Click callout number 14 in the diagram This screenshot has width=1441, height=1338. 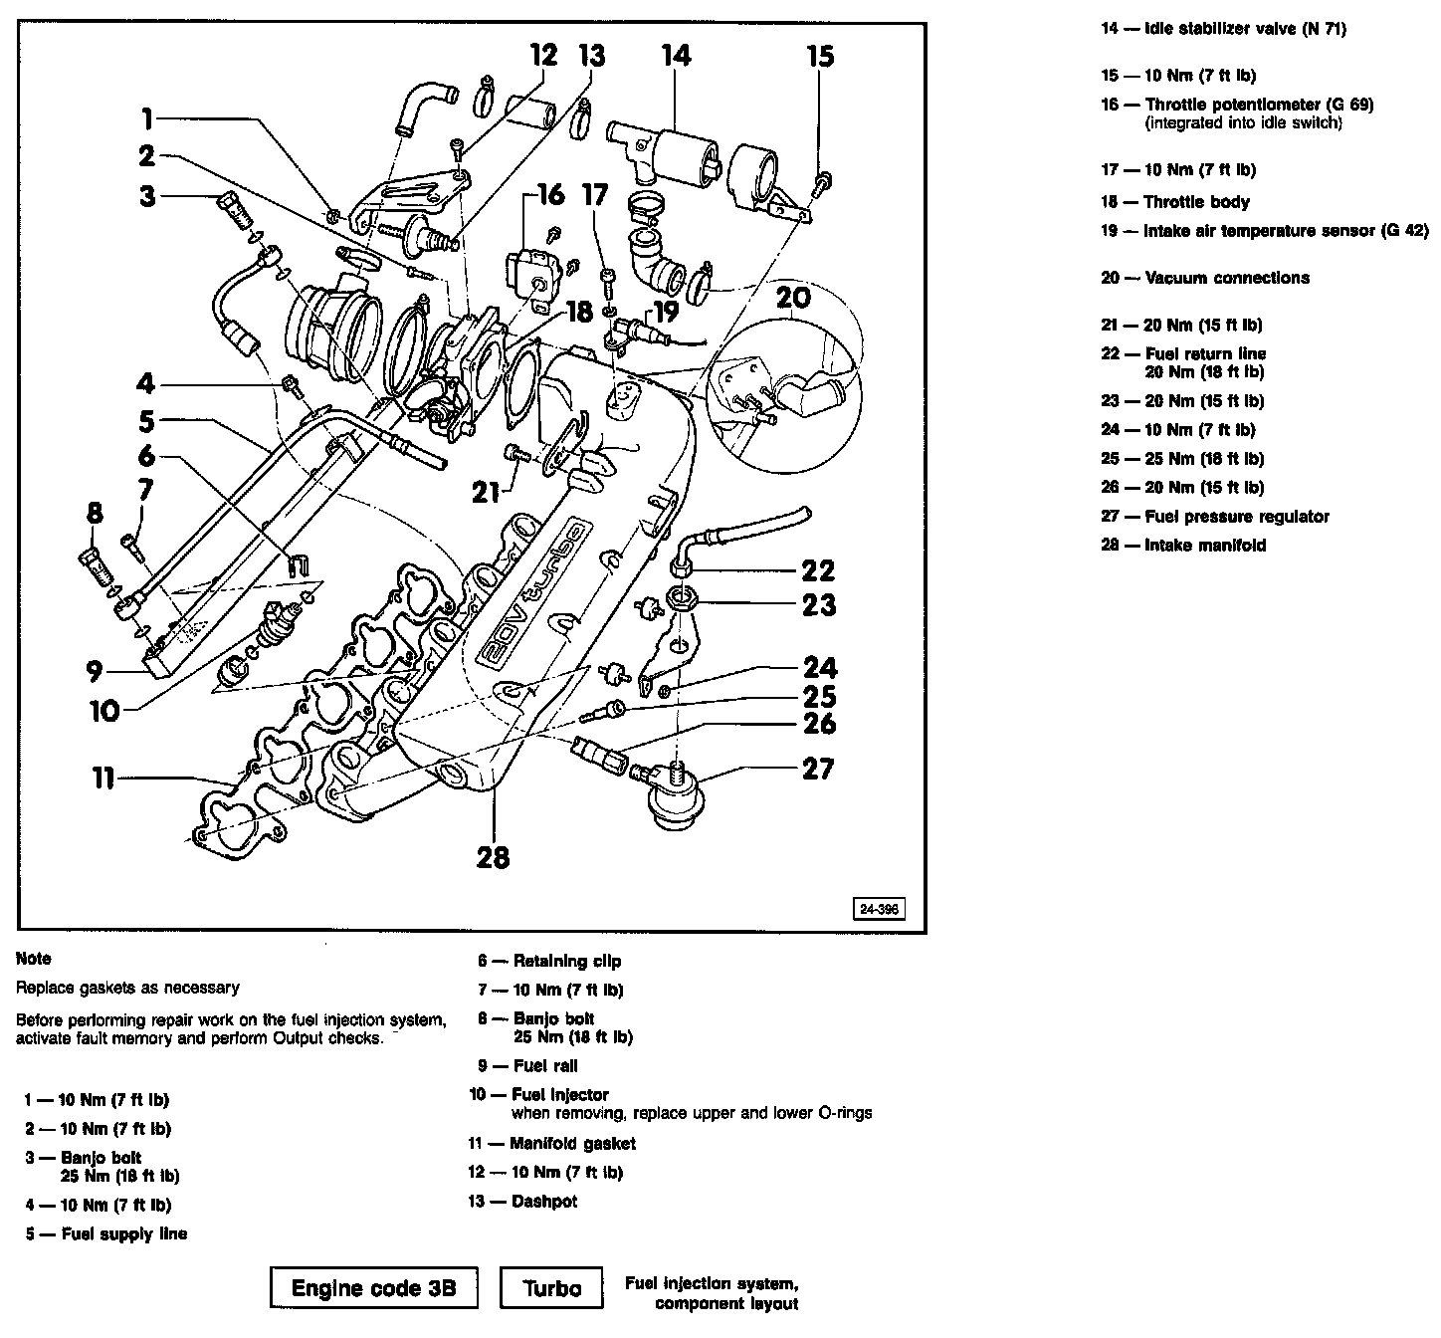coord(676,56)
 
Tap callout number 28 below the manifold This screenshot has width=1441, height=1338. coord(493,856)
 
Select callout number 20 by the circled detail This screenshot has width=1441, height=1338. coord(793,298)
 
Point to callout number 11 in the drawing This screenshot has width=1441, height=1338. coord(103,778)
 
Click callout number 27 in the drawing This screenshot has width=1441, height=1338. coord(817,769)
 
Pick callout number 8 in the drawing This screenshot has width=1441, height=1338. coord(95,515)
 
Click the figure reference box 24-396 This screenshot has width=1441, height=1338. coord(877,910)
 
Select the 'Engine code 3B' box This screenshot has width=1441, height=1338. coord(373,1287)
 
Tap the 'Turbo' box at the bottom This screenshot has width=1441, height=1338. coord(552,1287)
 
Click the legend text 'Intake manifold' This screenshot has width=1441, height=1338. coord(1205,545)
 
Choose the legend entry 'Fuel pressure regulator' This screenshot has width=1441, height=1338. coord(1237,516)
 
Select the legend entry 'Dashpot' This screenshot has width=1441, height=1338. coord(543,1201)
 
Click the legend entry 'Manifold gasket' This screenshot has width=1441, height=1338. coord(572,1143)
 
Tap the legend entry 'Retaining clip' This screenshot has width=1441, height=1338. coord(566,961)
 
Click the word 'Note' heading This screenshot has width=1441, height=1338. coord(34,959)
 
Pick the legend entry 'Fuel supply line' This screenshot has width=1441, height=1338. coord(124,1233)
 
